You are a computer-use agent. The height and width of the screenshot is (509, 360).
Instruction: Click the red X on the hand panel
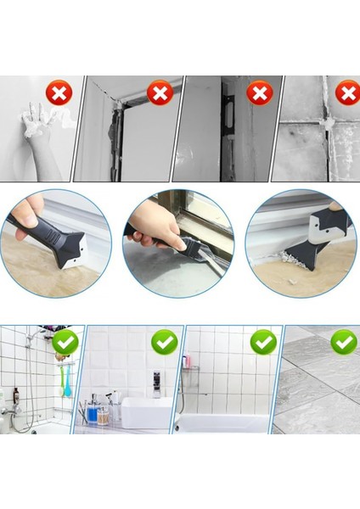click(x=58, y=92)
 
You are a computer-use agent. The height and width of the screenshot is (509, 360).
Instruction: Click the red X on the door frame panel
click(x=160, y=92)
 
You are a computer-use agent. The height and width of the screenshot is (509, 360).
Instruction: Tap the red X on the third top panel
click(x=259, y=92)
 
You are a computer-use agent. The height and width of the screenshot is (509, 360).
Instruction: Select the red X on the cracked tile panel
click(x=346, y=92)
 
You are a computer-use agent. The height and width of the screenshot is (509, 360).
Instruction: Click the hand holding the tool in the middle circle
click(x=153, y=225)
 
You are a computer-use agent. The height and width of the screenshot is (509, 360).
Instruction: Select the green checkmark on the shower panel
click(x=65, y=342)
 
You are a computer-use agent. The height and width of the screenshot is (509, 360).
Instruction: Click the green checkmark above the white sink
click(x=164, y=342)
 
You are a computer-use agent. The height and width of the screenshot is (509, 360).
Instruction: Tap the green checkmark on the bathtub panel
click(x=263, y=342)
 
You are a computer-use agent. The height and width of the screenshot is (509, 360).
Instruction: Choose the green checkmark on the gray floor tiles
click(x=344, y=342)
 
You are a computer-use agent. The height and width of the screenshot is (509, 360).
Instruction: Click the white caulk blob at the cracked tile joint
click(x=323, y=124)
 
